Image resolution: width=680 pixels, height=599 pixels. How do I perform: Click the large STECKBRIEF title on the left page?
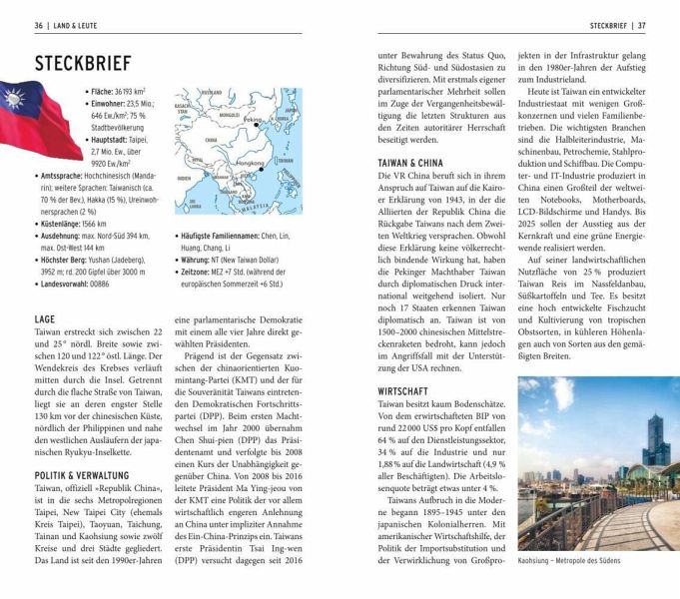(83, 64)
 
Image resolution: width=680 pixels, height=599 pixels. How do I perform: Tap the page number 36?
(38, 25)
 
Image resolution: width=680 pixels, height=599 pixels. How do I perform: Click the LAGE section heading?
(46, 318)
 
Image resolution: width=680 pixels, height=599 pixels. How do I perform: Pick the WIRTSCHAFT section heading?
(402, 391)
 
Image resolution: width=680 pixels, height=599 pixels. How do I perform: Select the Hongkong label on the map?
(252, 163)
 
